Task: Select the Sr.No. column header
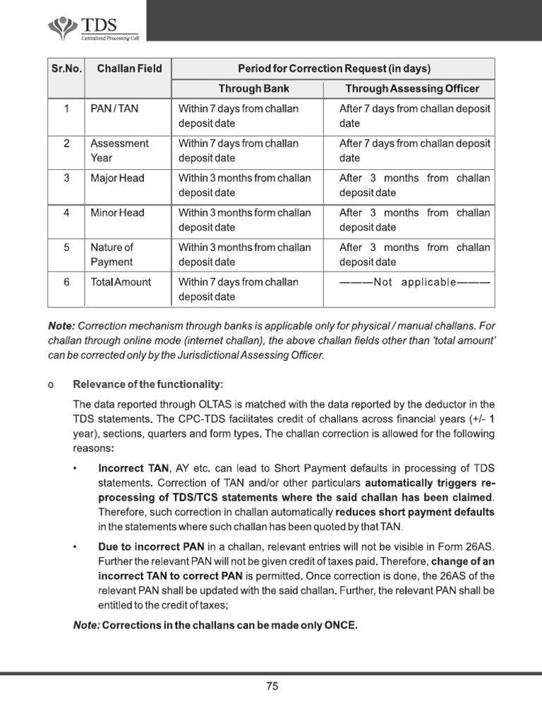[66, 68]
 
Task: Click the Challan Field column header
[129, 68]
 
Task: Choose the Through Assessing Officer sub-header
[412, 89]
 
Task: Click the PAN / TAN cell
[110, 109]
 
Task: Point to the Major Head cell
[117, 178]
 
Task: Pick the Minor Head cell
[117, 213]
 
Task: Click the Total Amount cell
[121, 282]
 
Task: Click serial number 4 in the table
[66, 213]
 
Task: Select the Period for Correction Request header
[334, 68]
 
